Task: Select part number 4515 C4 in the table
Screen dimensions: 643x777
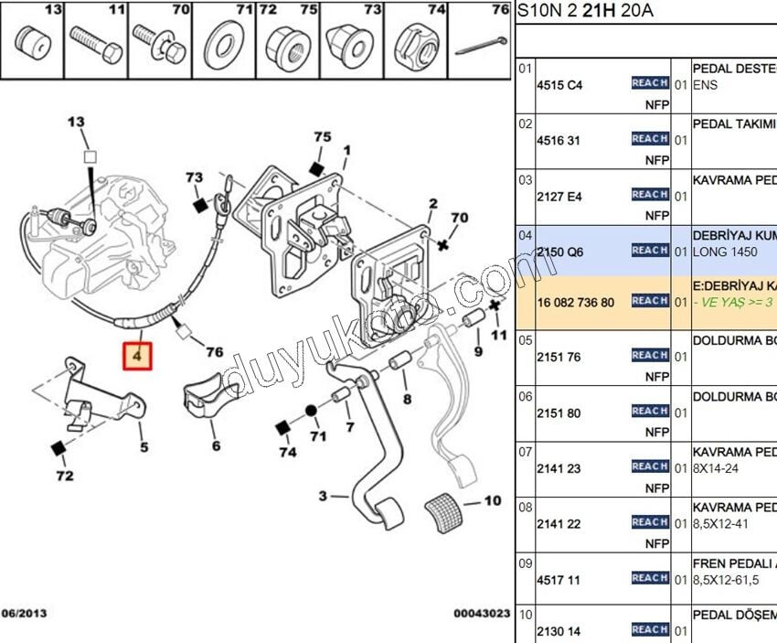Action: [x=559, y=85]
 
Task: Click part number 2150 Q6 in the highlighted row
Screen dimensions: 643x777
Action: [x=559, y=251]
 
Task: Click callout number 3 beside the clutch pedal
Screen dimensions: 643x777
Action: [x=322, y=497]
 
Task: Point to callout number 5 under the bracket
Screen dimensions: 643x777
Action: [x=144, y=447]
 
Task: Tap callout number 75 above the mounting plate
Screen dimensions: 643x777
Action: [x=322, y=137]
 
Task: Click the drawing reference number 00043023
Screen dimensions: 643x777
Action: [x=481, y=614]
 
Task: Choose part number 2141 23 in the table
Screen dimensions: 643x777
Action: [x=559, y=467]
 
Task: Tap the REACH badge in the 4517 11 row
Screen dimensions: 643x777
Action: [x=650, y=578]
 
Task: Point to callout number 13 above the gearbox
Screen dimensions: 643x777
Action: [x=76, y=122]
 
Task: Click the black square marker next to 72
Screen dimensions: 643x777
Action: [x=59, y=446]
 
